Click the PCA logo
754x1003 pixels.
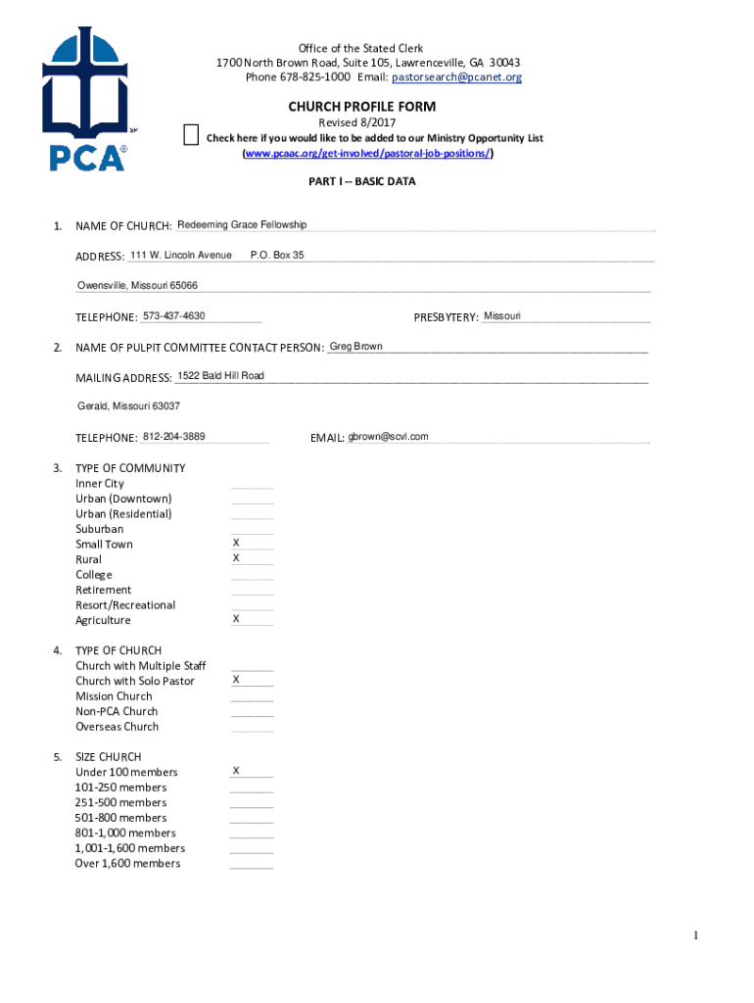coord(85,101)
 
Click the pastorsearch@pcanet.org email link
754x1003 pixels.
coord(456,77)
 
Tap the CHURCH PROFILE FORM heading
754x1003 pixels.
coord(361,106)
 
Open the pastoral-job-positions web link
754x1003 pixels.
coord(367,154)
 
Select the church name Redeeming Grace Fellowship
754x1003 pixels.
coord(242,225)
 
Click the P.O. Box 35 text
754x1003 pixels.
coord(277,255)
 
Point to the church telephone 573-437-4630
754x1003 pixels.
coord(173,315)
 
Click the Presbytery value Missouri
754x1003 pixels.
coord(502,315)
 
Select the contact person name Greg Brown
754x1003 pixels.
coord(356,346)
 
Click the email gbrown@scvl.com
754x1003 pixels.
coord(389,437)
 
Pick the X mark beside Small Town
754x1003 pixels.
coord(236,542)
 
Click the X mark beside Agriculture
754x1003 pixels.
coord(236,618)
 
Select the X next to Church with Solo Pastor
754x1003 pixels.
coord(236,679)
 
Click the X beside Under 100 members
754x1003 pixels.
coord(236,771)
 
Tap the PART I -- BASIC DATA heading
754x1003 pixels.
coord(362,181)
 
